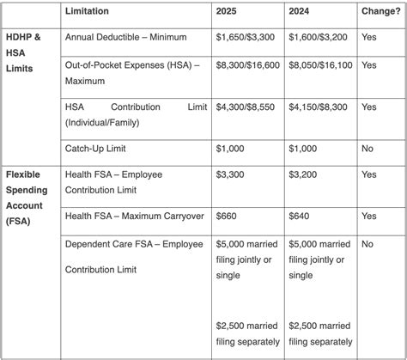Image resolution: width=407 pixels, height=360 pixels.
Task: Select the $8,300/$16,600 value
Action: [249, 64]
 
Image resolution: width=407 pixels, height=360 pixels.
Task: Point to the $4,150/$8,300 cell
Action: [319, 107]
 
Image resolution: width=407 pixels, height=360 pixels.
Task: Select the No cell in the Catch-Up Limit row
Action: [368, 149]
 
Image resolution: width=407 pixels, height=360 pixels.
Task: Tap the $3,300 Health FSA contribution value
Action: [229, 174]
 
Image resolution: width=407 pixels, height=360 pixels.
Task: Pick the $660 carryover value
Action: [225, 217]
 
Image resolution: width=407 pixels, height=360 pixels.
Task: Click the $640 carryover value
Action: [298, 217]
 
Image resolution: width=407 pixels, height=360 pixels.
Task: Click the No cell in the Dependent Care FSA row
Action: [368, 244]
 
